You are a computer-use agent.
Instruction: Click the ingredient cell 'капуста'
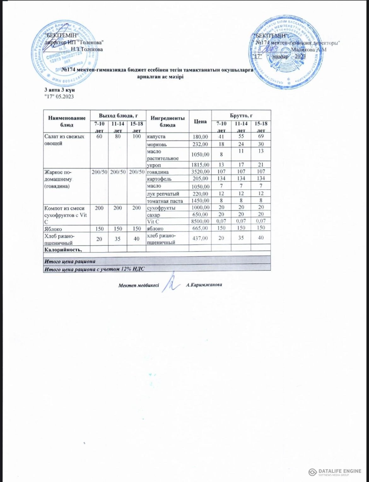tap(156, 137)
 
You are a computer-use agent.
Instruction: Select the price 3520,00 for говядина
tap(200, 172)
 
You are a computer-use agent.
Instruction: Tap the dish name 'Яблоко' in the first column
tap(53, 229)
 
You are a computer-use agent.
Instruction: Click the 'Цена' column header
tap(200, 121)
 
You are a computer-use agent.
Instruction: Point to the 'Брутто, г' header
tap(241, 115)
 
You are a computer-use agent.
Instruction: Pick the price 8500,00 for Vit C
tap(200, 221)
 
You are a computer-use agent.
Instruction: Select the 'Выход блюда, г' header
tap(118, 115)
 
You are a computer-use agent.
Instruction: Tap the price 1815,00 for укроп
tap(200, 165)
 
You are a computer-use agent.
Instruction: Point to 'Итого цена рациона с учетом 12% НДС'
tap(94, 269)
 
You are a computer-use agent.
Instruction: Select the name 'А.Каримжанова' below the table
tap(204, 285)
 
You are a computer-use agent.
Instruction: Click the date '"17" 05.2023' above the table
tap(60, 97)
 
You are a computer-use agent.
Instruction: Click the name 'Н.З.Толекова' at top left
tap(87, 49)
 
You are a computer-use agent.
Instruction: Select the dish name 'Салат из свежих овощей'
tap(64, 140)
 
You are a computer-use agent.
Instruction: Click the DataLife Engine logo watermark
tap(335, 472)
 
